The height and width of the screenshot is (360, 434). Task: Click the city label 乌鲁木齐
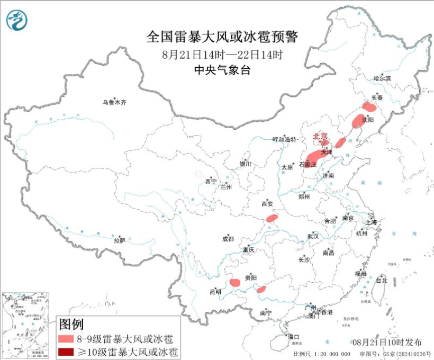[115, 102]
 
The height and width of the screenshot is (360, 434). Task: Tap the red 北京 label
[320, 136]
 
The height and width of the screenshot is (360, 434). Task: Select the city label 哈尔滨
[382, 78]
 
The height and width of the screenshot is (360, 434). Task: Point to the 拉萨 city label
[119, 240]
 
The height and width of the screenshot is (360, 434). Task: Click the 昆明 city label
[215, 291]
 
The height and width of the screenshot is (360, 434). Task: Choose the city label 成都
[228, 239]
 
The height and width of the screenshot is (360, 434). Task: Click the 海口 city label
[293, 337]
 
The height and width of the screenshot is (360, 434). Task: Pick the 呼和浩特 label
[285, 139]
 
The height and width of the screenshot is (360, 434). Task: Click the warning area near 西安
[272, 218]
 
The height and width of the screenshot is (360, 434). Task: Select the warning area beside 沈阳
[358, 121]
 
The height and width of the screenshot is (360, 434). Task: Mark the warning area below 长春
[368, 106]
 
